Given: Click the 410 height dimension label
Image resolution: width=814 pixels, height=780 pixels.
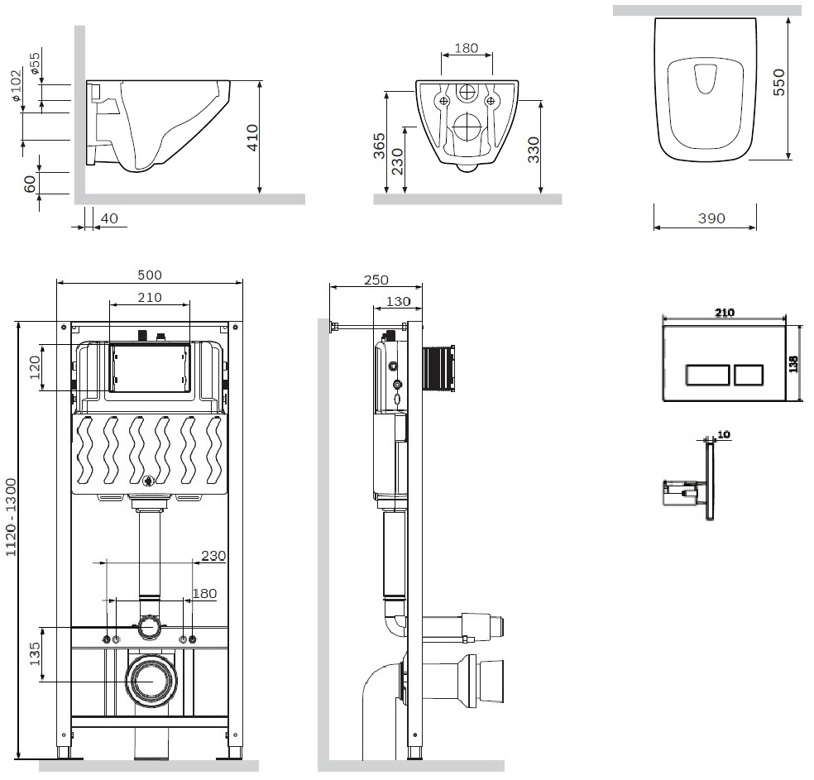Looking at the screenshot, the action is click(252, 137).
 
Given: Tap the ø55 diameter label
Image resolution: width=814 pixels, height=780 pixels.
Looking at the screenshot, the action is click(36, 63).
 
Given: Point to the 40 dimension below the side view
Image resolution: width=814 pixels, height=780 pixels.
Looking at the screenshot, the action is click(109, 218).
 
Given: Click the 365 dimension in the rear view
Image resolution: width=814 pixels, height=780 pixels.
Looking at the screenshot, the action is click(379, 146).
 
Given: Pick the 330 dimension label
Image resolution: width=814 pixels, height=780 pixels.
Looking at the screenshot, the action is click(533, 150).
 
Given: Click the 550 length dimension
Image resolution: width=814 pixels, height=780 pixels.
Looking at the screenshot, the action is click(778, 82).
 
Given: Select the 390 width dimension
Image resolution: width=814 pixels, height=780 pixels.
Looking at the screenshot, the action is click(711, 218).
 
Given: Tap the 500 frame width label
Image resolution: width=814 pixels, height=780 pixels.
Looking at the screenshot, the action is click(150, 275).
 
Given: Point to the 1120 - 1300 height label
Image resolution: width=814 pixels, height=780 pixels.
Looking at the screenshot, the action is click(11, 517).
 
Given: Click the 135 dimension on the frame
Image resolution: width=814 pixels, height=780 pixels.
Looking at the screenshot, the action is click(35, 654).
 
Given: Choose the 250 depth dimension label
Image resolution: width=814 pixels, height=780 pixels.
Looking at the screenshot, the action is click(376, 280).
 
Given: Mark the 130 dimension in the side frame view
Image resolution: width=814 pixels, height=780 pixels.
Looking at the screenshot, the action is click(399, 302).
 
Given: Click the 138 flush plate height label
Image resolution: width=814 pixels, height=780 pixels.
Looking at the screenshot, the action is click(792, 364).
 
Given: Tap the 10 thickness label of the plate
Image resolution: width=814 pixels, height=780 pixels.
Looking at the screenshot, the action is click(724, 434).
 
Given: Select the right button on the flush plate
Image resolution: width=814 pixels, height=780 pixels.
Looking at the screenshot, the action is click(748, 375).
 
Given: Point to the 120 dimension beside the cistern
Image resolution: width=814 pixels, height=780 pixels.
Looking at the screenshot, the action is click(35, 367).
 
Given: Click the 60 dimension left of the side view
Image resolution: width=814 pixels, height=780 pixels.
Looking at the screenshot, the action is click(30, 184).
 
